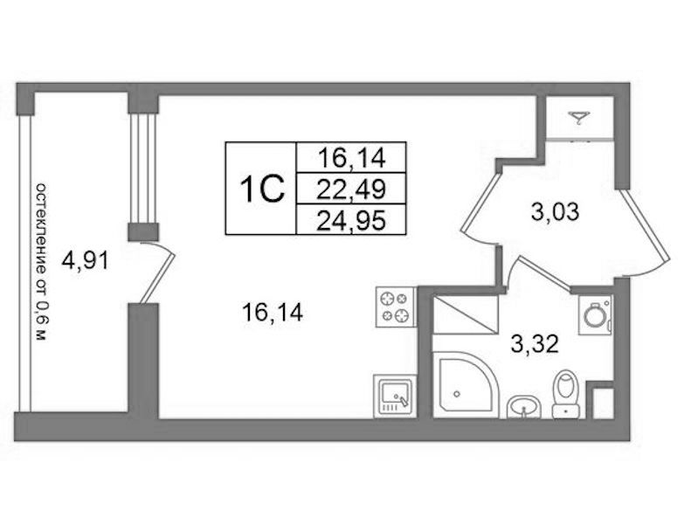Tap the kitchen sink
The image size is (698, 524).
(395, 396)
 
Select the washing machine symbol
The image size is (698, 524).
(596, 314)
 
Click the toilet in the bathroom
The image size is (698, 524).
(565, 395)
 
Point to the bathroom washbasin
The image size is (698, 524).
(523, 407)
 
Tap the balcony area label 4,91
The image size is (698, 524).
(85, 260)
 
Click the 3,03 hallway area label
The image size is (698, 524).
(555, 211)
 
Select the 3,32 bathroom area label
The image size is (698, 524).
(535, 344)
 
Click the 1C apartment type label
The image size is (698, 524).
(261, 189)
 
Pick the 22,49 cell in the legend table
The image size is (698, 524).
(351, 190)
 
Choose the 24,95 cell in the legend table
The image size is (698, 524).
(351, 220)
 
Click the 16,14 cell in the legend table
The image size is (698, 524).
(351, 158)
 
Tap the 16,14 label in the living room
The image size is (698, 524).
(273, 312)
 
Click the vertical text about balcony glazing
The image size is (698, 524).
(40, 261)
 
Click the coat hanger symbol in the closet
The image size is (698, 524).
(578, 118)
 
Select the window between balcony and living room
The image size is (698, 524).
(143, 169)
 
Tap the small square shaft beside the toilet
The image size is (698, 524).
(604, 403)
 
